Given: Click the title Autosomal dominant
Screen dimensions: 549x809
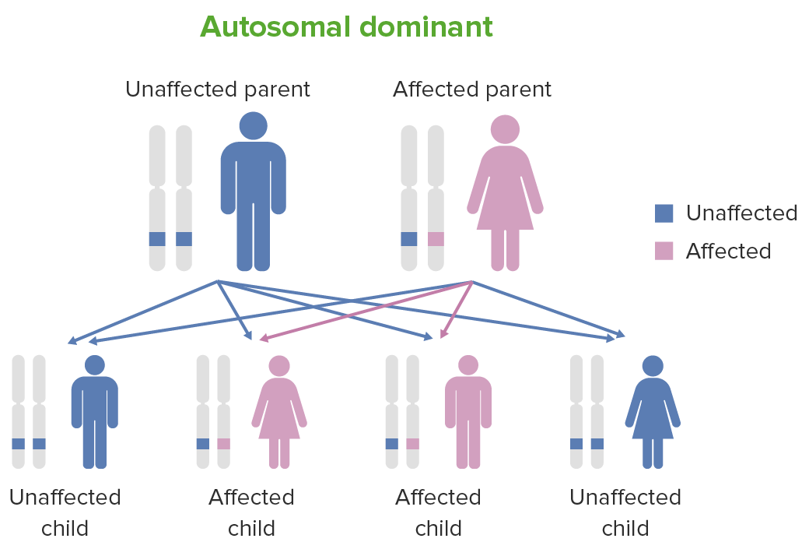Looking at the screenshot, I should pos(346,27).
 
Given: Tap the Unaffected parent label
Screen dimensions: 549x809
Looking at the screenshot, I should pos(217,90).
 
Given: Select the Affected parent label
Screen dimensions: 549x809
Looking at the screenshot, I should pos(471,90).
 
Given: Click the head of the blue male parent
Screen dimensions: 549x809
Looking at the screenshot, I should pos(253,125).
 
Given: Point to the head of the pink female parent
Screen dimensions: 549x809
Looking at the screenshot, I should pos(505,128).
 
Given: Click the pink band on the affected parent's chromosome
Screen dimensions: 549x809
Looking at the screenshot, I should pos(436,239).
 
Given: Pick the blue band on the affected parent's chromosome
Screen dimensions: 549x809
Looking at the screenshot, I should pos(409,239).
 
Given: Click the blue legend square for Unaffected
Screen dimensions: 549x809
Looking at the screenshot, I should pos(664,213).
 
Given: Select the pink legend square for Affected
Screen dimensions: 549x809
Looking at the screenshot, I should pos(664,251).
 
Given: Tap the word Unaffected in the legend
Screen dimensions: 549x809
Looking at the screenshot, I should pos(741,213).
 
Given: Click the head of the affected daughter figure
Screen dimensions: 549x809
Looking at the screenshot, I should pos(279,365).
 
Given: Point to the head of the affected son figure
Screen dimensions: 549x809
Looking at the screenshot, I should pos(468,365).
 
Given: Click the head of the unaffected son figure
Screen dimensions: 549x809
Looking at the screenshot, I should pos(94,365).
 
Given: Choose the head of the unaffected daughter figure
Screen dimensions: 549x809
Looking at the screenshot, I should pos(653,365).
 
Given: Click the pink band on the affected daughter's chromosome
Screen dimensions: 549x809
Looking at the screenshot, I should pos(223,444).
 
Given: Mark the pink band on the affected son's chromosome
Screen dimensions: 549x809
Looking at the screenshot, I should pos(412,444).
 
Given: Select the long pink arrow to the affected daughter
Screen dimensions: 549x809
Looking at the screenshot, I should pos(366,311).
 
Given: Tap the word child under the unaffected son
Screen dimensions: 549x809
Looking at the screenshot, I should pos(65,529).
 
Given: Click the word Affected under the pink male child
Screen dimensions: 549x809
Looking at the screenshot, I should pos(438,498).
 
